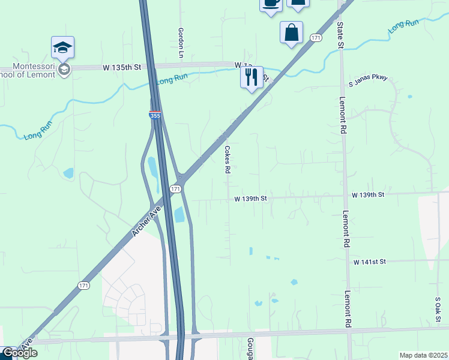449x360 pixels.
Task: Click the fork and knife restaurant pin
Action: pos(252,77)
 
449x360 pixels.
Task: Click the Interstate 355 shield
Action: pos(155,114)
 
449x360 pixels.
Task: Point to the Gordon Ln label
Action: pos(180,43)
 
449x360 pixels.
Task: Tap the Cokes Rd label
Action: pos(228,160)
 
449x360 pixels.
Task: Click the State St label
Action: pos(340,35)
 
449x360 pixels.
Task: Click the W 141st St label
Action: pos(369,262)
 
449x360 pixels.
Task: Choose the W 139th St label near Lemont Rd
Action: pos(367,195)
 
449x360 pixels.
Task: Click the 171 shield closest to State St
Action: pos(316,38)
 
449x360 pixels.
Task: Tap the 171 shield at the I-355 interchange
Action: pos(175,188)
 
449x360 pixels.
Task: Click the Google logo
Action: pos(20,353)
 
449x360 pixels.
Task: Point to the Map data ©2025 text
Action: pos(423,355)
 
